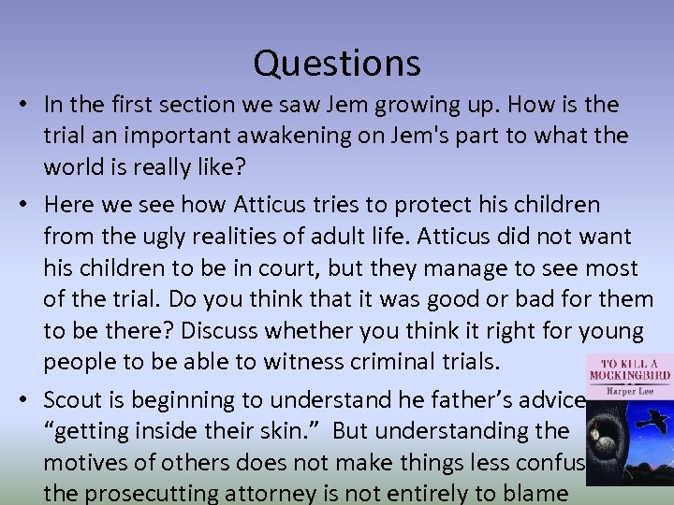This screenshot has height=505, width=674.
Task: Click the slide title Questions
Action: tap(337, 64)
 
